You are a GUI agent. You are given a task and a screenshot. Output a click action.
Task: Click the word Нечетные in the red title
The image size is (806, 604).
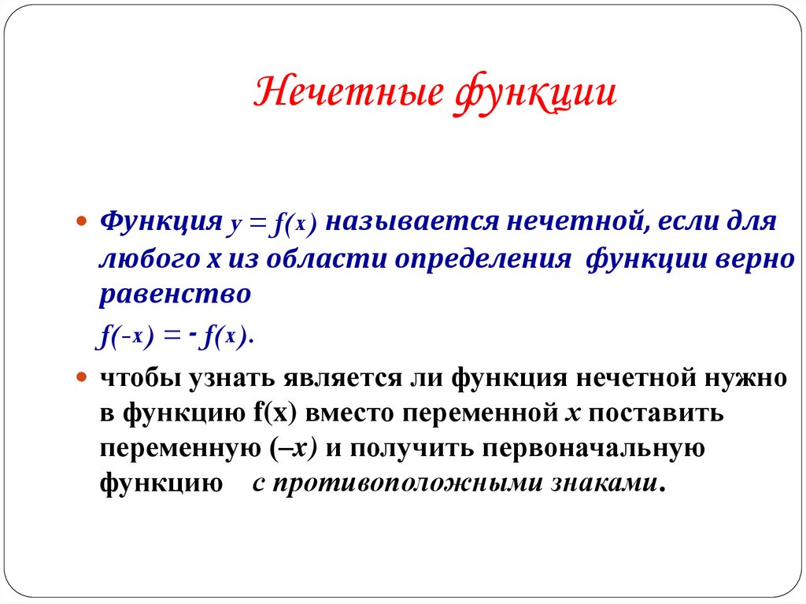346,92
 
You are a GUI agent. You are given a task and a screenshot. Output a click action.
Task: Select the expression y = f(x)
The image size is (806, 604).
273,222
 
